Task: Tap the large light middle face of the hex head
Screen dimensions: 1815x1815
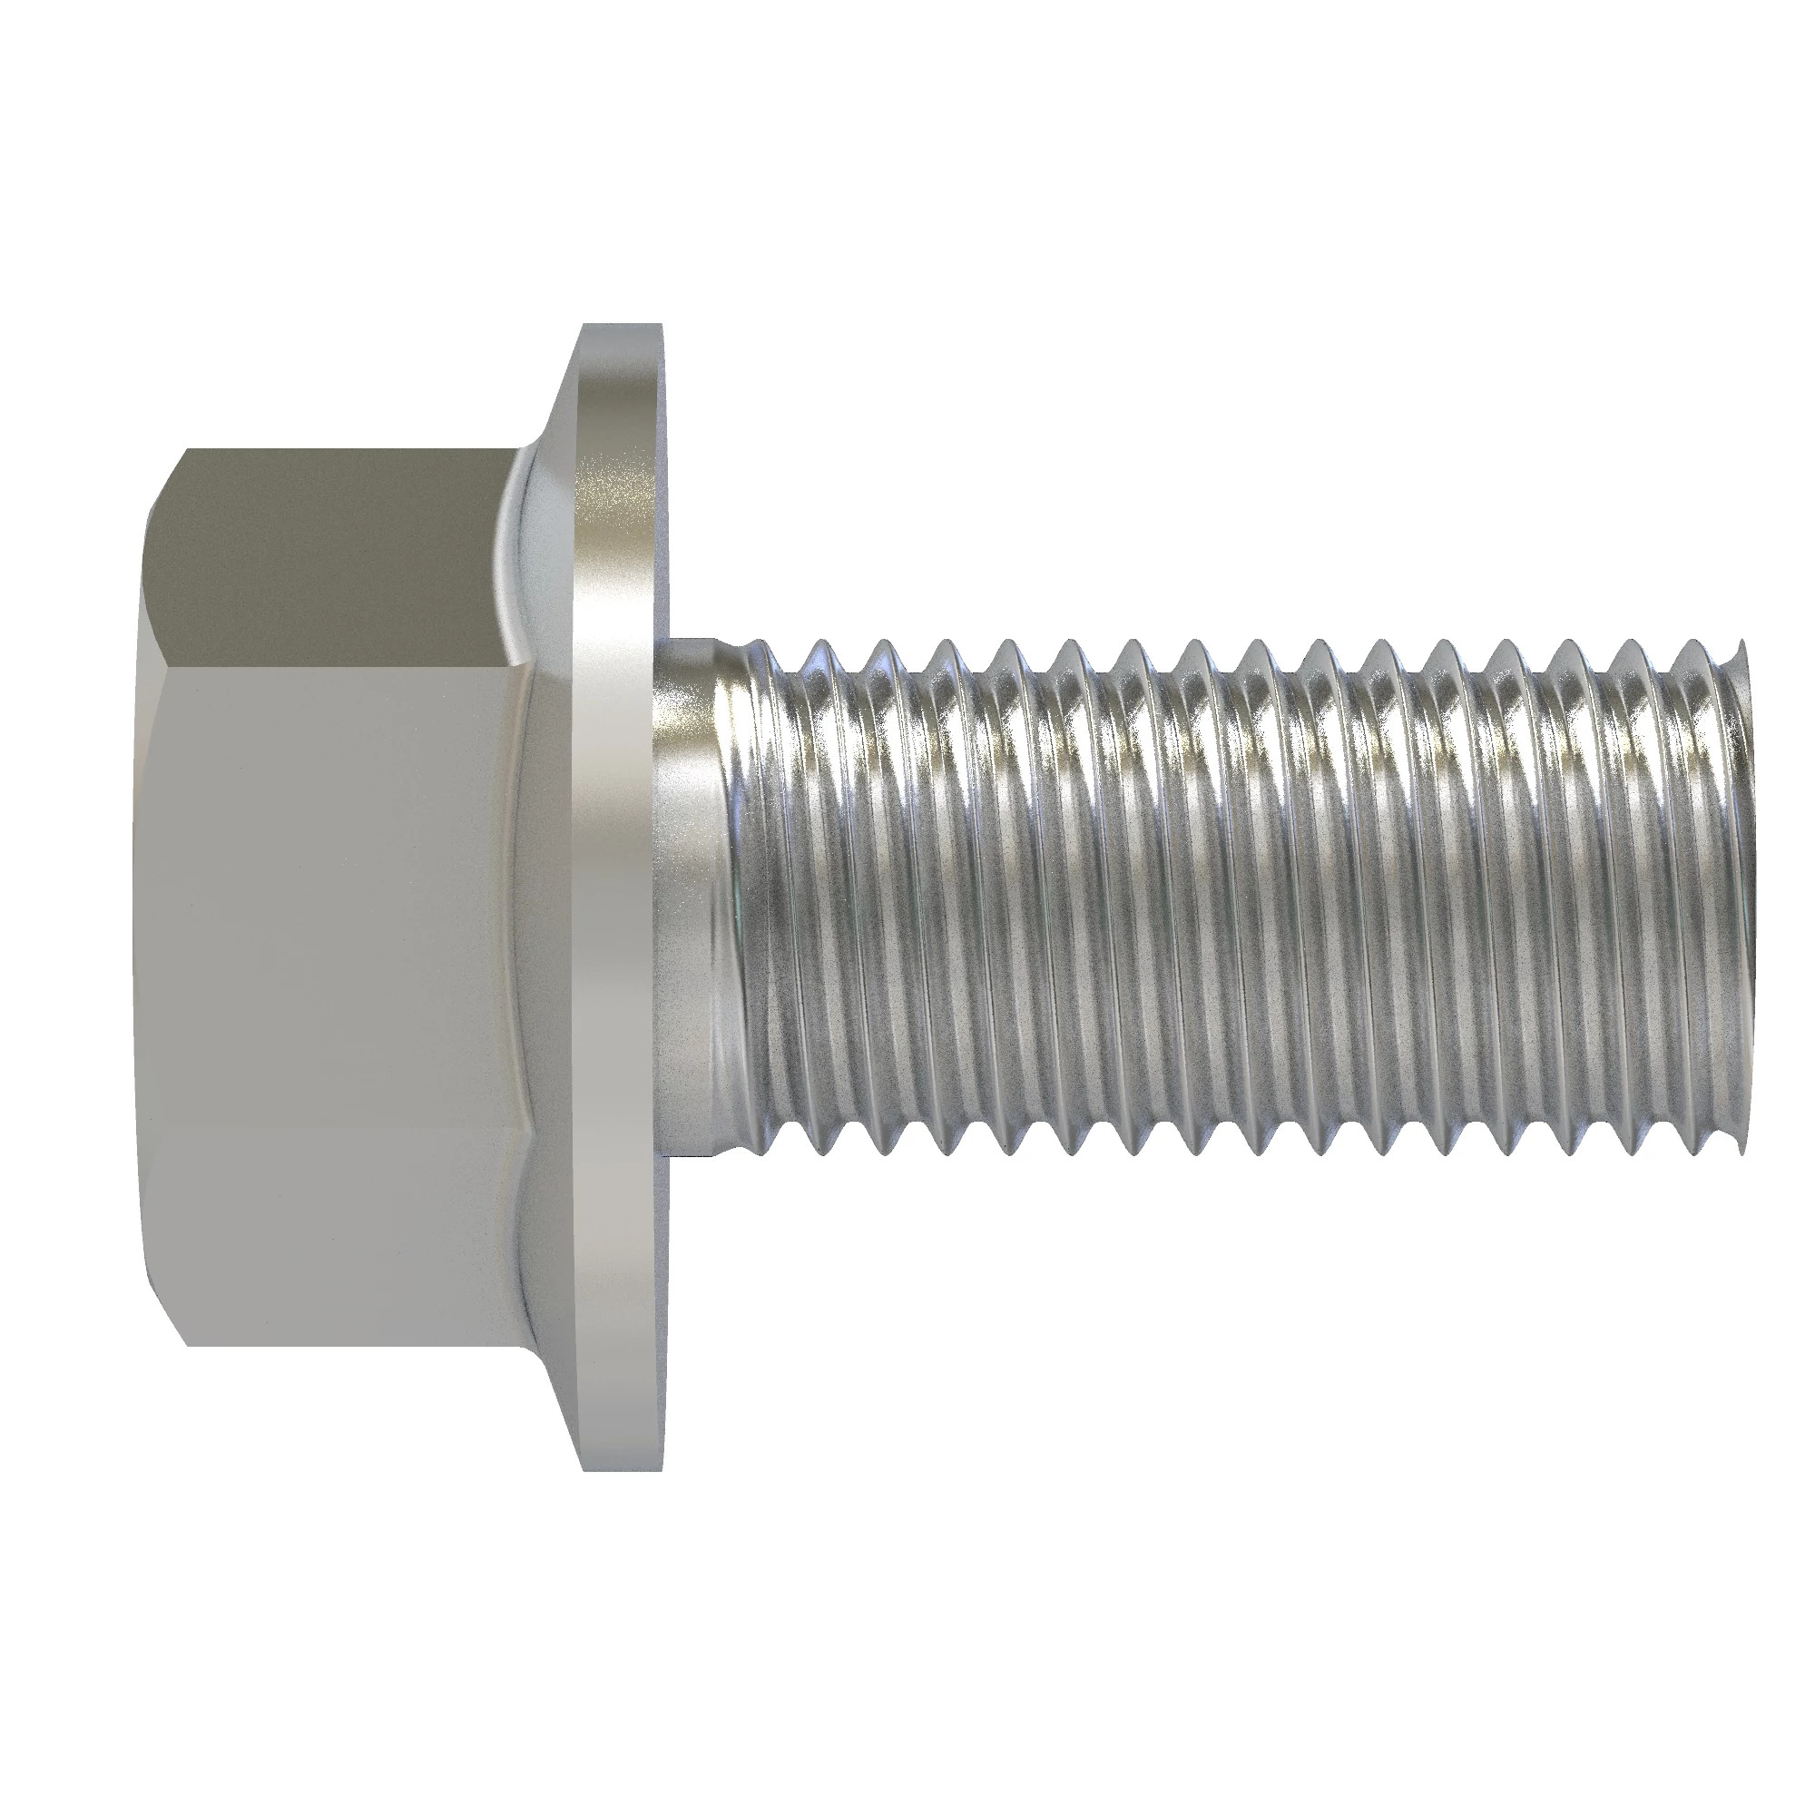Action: coord(329,902)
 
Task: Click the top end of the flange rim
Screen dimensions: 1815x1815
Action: coord(620,330)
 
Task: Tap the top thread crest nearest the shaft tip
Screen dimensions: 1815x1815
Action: coord(1696,648)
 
